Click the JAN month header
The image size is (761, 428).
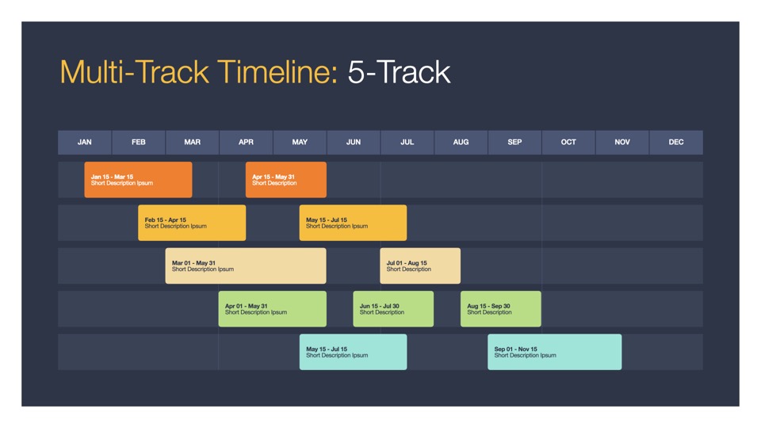click(85, 142)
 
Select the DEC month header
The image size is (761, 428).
click(676, 142)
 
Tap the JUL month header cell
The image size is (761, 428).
click(407, 142)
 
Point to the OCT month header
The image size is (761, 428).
click(568, 142)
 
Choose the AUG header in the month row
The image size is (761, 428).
click(461, 142)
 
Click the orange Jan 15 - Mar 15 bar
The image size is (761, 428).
click(138, 180)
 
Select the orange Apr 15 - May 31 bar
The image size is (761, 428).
click(286, 180)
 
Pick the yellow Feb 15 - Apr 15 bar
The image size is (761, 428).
click(192, 223)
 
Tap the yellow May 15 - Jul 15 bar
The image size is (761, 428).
click(354, 223)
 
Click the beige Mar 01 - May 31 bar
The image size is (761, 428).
click(246, 266)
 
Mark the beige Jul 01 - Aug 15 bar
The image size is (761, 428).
click(420, 266)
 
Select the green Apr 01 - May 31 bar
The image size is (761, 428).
click(272, 309)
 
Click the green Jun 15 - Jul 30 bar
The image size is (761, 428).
click(394, 309)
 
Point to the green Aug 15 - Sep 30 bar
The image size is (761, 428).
click(501, 309)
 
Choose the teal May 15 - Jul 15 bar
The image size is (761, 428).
click(354, 352)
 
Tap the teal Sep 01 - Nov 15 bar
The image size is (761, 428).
click(555, 352)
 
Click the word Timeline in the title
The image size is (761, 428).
click(277, 72)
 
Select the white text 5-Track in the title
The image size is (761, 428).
click(399, 72)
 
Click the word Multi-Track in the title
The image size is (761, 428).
click(135, 72)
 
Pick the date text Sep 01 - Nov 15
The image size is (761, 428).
click(515, 349)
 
